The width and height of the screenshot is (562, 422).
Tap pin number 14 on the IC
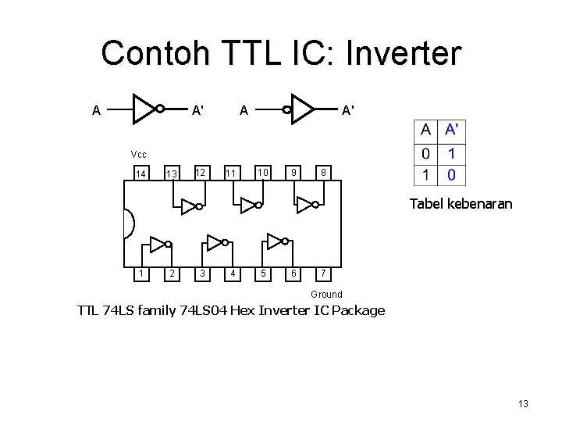coord(140,173)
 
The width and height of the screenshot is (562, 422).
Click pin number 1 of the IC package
coord(140,274)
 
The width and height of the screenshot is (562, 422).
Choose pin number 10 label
coord(264,172)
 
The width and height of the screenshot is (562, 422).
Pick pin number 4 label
coord(232,274)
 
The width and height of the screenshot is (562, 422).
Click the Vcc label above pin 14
coord(138,154)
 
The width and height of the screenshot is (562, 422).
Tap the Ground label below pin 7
coord(326,295)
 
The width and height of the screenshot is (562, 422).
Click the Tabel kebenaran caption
coord(461,204)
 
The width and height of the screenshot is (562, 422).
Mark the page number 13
coord(523,403)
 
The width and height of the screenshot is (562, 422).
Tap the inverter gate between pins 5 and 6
coord(276,240)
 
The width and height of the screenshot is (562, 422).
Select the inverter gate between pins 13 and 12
coord(190,206)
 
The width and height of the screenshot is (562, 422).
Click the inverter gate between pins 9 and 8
coord(307,205)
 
